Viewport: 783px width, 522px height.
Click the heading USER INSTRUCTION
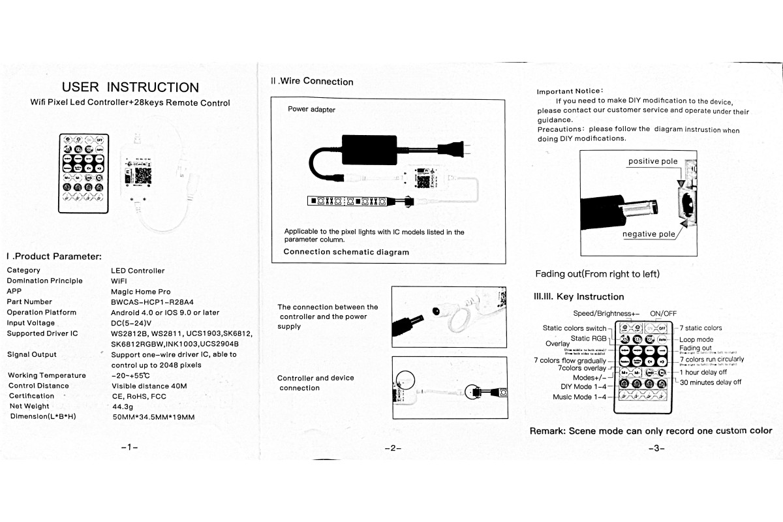click(x=130, y=87)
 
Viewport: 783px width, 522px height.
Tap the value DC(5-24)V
click(x=131, y=323)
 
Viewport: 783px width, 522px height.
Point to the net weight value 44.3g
click(x=123, y=407)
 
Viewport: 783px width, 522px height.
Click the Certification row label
click(x=32, y=396)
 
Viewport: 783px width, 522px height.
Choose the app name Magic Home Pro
click(x=141, y=292)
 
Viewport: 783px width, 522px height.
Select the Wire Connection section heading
click(x=312, y=82)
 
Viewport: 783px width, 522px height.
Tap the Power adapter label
click(x=311, y=110)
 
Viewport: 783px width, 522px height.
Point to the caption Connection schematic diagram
click(x=346, y=252)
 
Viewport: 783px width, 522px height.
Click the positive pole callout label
click(x=652, y=162)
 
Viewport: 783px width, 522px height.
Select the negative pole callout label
click(x=649, y=234)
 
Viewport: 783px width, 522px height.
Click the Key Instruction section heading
click(x=579, y=297)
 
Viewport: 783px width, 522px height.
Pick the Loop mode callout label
click(x=696, y=339)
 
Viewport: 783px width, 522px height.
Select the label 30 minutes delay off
click(x=710, y=382)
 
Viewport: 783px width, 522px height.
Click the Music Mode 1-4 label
click(x=579, y=397)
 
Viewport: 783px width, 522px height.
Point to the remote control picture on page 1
click(x=82, y=173)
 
